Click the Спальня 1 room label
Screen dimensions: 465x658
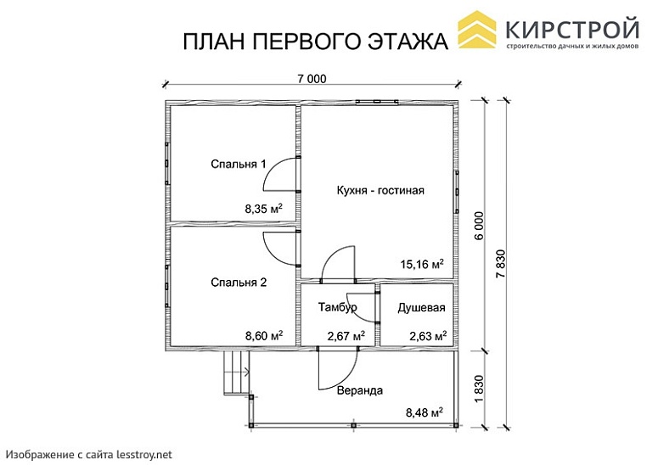[x=239, y=164]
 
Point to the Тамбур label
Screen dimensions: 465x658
[x=337, y=306]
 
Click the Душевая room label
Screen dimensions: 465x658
[x=421, y=306]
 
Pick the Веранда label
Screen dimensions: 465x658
[x=359, y=391]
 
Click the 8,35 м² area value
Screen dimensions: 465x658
[x=263, y=207]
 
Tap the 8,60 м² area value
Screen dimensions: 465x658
[x=263, y=336]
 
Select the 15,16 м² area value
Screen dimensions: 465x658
[x=422, y=265]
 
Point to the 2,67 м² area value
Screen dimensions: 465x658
[x=346, y=336]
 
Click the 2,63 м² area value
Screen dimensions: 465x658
[x=428, y=336]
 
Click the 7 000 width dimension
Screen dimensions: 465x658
[x=312, y=79]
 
